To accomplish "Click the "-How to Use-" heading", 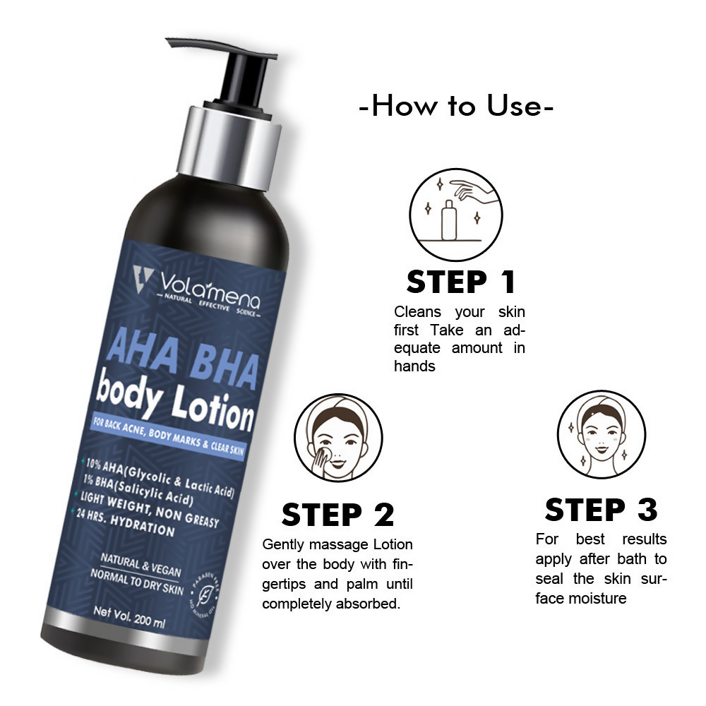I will [456, 107].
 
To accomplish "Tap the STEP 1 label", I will [460, 282].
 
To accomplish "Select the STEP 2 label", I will [337, 515].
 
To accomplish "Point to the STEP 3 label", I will [601, 509].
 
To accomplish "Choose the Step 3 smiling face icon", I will [602, 434].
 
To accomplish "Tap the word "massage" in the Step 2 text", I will [338, 544].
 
